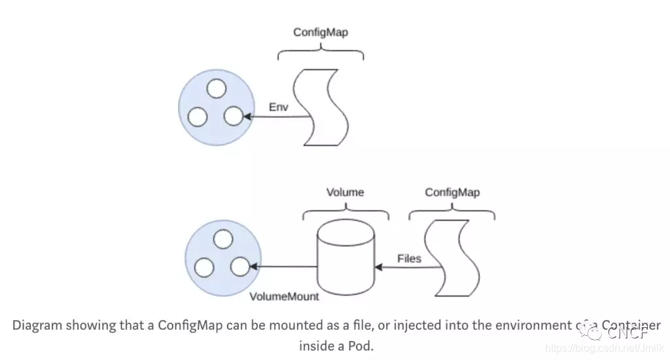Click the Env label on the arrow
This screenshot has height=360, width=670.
279,106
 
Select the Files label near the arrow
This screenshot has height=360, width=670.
409,259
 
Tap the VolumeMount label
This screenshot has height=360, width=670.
284,297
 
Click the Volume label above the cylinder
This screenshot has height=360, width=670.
345,192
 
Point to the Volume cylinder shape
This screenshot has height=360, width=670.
345,258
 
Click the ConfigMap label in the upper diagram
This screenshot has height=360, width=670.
321,32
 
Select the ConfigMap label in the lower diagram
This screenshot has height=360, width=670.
452,192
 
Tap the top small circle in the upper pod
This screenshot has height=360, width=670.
215,88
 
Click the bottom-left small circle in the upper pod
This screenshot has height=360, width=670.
198,117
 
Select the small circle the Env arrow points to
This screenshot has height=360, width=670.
234,117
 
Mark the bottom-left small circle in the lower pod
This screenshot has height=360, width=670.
205,267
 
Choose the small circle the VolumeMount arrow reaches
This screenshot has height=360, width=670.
241,266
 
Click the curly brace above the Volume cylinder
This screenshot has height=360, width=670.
345,212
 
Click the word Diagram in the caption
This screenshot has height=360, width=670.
34,325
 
